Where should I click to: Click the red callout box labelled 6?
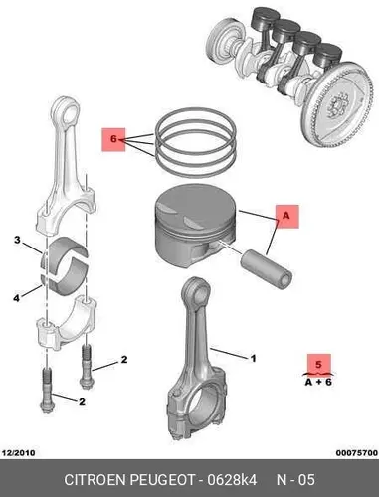point(113,139)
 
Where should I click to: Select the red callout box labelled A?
point(286,217)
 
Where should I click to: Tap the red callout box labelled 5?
point(319,365)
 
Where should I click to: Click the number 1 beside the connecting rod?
point(253,358)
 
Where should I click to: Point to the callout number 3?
point(17,240)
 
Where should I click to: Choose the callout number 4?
point(16,298)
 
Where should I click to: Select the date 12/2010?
point(18,453)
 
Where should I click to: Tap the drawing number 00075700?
point(357,453)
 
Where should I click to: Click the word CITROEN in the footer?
point(95,480)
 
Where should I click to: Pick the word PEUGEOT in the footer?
point(162,480)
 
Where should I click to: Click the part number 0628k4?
point(232,480)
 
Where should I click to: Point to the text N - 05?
point(295,480)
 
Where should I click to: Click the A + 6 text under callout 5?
point(318,382)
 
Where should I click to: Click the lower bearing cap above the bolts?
point(67,324)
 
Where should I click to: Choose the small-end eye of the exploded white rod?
point(68,111)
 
